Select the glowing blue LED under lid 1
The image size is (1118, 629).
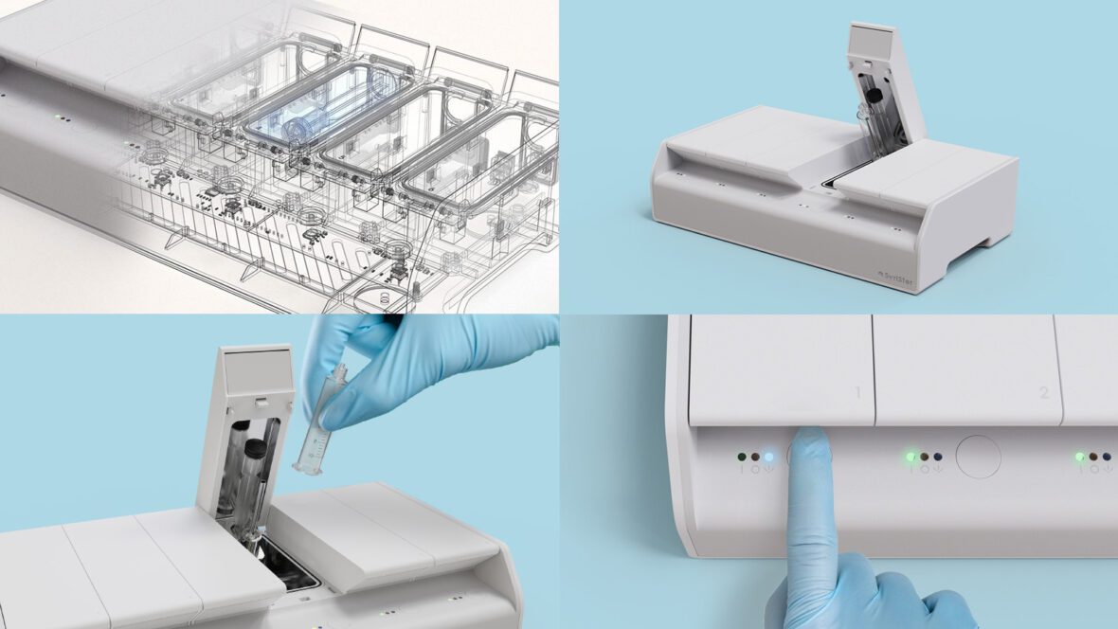pyautogui.click(x=768, y=457)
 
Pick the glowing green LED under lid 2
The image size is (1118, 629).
pyautogui.click(x=911, y=457)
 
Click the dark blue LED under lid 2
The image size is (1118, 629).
pyautogui.click(x=937, y=457)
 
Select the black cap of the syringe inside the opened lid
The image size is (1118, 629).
pyautogui.click(x=254, y=448)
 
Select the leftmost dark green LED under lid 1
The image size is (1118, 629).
pyautogui.click(x=742, y=457)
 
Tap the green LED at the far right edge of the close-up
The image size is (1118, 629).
pyautogui.click(x=1079, y=457)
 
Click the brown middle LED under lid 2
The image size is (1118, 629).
pyautogui.click(x=925, y=457)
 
